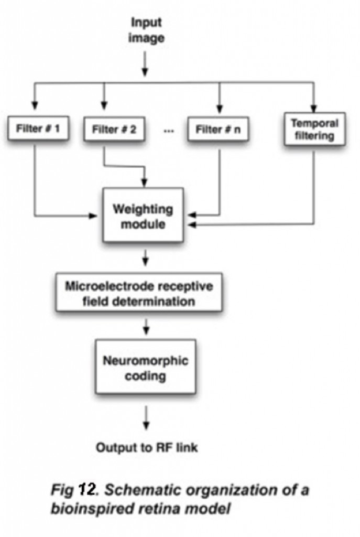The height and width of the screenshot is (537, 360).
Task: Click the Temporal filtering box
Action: point(315,129)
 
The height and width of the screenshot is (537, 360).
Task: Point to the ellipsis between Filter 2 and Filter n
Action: point(168,131)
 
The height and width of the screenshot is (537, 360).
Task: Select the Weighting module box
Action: point(143,216)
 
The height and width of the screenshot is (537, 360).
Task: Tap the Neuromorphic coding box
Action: point(146,369)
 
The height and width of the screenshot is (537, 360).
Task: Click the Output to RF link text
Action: point(146,447)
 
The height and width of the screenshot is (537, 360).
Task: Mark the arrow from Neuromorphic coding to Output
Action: point(146,417)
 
